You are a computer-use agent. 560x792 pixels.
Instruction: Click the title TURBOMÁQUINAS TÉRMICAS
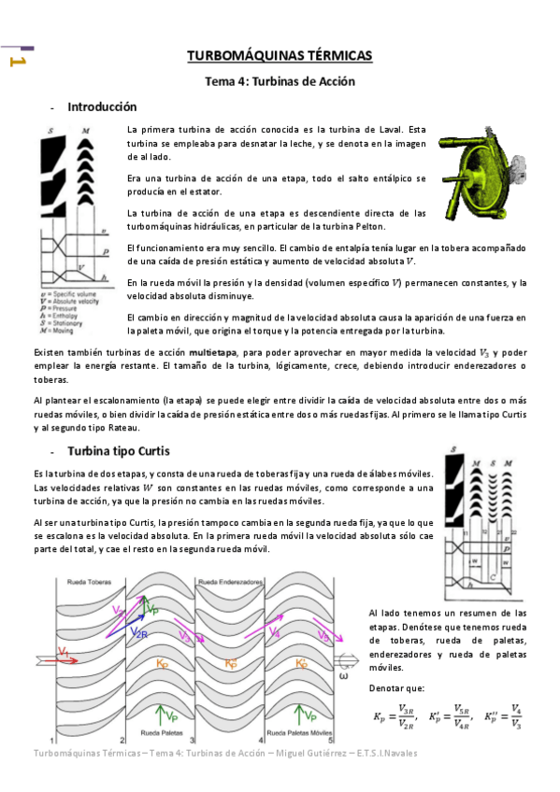pos(280,56)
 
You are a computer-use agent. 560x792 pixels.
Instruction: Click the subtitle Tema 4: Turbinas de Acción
pos(280,81)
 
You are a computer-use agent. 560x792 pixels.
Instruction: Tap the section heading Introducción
pos(102,107)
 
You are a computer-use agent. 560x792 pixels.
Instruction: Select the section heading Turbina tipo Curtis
pos(119,451)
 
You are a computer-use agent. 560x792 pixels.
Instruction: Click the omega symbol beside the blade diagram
pos(345,674)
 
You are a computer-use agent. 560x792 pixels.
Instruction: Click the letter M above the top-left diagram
pos(86,129)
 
